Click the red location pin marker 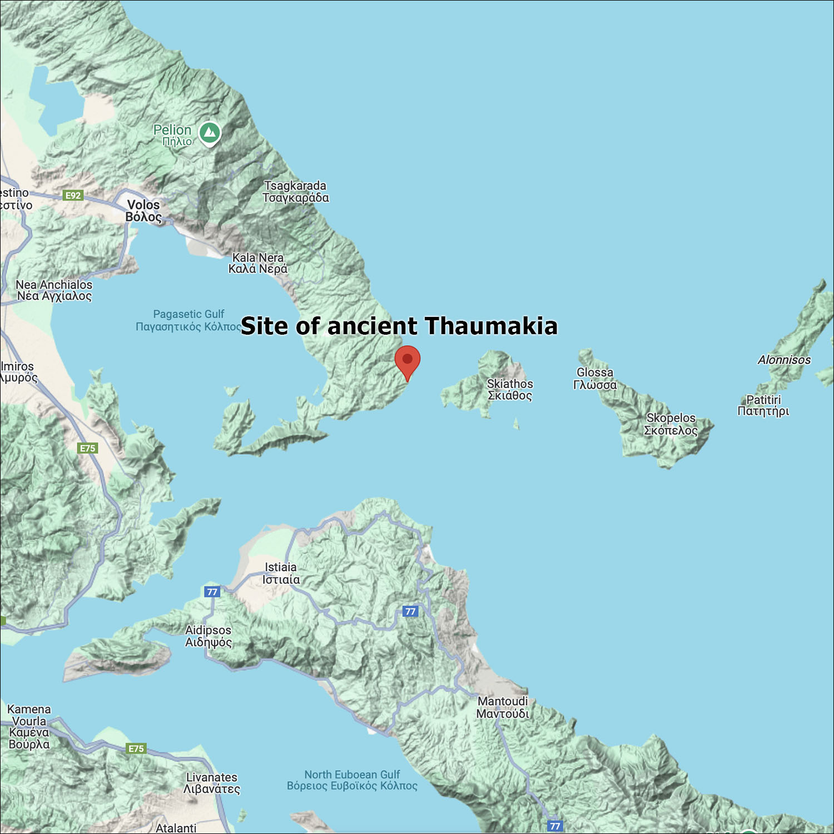[x=408, y=360]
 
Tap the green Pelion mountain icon [x=210, y=132]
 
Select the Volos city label [x=143, y=211]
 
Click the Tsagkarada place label [x=295, y=192]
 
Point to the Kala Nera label [x=258, y=263]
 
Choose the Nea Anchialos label [x=54, y=290]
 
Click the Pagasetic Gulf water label [x=188, y=320]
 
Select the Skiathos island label [x=510, y=389]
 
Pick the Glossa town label [x=595, y=378]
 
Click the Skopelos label [x=671, y=424]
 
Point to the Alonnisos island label [x=784, y=360]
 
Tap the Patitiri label [x=763, y=405]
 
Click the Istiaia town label [x=281, y=573]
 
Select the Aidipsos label [x=209, y=636]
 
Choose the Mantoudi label [x=503, y=707]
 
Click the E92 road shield [x=73, y=195]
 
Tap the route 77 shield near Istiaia [x=212, y=592]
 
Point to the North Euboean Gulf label [x=352, y=780]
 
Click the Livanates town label [x=211, y=783]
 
